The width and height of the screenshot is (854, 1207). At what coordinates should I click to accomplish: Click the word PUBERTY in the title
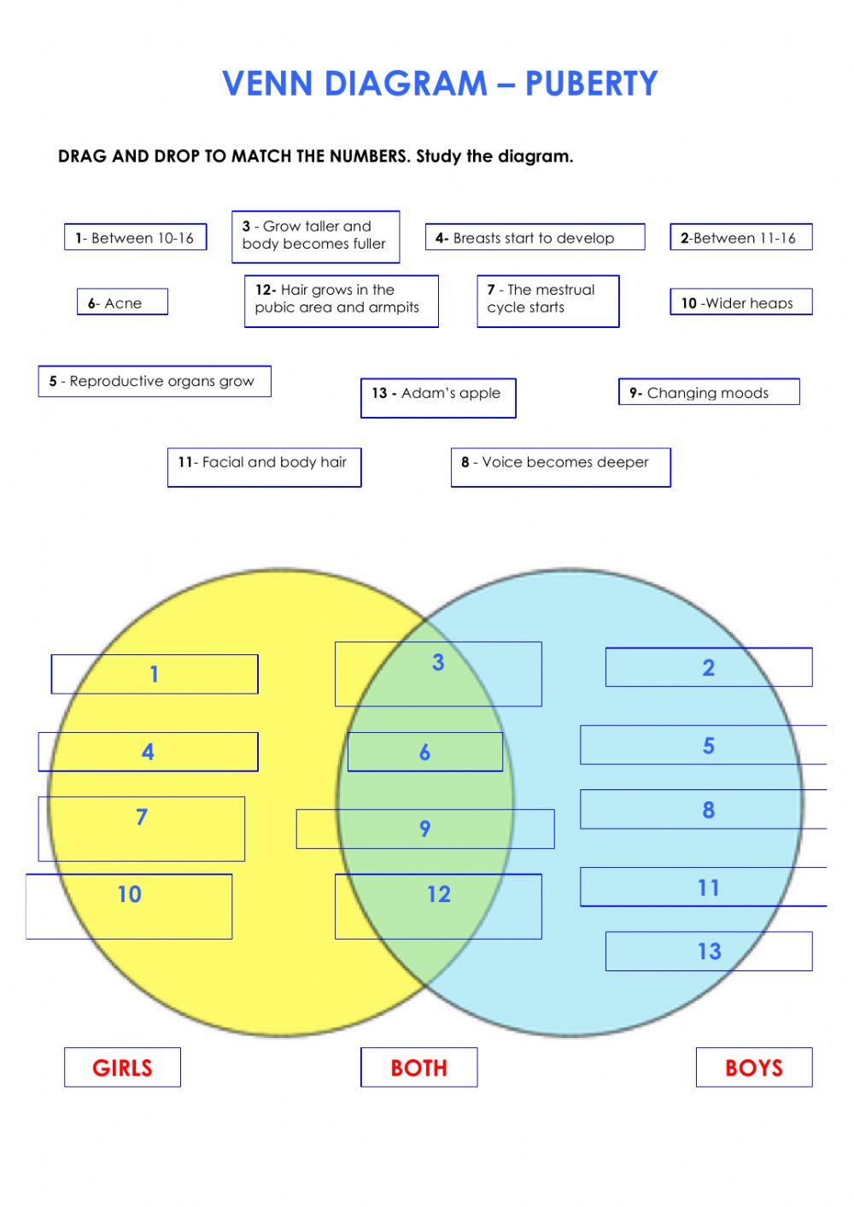(x=591, y=84)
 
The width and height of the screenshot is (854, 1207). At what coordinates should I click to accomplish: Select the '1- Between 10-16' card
(x=135, y=238)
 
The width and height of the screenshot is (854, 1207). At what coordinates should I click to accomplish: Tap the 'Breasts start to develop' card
(x=535, y=238)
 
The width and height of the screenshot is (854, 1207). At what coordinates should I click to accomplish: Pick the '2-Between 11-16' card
(x=740, y=238)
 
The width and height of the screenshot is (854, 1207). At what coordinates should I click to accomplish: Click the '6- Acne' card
(x=122, y=302)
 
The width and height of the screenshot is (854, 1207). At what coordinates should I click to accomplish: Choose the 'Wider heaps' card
(x=740, y=302)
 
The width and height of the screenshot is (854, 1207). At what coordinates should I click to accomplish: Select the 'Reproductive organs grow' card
(x=154, y=382)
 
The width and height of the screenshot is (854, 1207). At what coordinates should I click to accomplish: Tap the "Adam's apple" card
(x=437, y=397)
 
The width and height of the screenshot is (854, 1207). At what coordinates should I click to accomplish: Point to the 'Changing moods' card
(x=708, y=393)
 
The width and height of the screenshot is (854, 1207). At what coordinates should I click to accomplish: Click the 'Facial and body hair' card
(x=264, y=466)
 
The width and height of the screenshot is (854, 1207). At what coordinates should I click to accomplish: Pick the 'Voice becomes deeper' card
(x=560, y=466)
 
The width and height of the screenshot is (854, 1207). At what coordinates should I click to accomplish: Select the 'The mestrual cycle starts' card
(x=547, y=301)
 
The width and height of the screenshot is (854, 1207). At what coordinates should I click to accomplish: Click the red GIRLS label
(x=122, y=1068)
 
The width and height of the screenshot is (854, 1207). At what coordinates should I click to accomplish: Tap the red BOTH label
(x=418, y=1068)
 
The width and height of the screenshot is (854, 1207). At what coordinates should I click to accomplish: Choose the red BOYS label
(x=753, y=1068)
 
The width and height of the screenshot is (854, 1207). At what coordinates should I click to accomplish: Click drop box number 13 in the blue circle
(x=709, y=952)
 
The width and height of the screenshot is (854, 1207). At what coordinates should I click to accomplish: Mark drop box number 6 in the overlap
(x=424, y=753)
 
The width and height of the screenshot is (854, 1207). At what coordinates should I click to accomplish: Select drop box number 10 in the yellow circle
(x=129, y=906)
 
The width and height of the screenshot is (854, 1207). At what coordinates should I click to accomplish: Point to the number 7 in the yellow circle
(x=142, y=817)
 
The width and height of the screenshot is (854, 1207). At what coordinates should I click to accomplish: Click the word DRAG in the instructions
(x=82, y=157)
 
